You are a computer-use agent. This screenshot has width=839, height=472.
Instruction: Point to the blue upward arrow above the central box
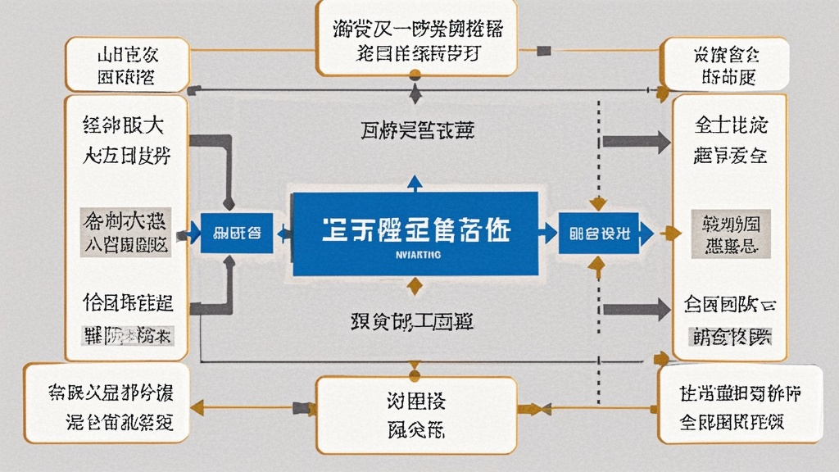[414, 184]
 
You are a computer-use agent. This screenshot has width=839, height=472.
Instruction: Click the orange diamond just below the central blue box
[415, 285]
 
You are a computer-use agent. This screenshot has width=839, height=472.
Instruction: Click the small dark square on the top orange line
[542, 51]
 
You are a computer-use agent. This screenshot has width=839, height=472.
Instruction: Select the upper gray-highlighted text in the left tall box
[126, 232]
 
